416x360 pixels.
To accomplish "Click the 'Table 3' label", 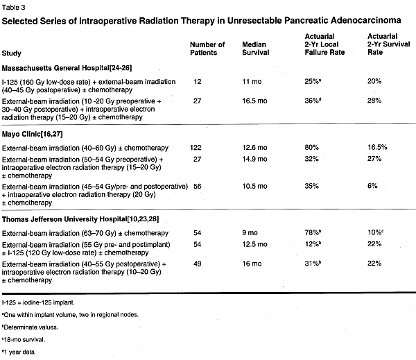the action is pos(14,8).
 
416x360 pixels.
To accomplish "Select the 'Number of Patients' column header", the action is pos(207,49).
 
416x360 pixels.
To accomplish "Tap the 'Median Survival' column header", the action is pos(255,49).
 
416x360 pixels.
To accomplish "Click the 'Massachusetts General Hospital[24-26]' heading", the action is pos(67,68).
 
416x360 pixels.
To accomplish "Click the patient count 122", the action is pos(196,148).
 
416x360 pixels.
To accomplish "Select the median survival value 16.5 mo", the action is pos(254,101).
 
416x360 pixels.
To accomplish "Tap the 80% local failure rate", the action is pos(311,147).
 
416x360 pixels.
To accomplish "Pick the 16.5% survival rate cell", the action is pos(377,147).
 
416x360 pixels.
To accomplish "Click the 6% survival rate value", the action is pos(372,186).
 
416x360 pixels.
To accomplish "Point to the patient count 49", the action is pos(198,264).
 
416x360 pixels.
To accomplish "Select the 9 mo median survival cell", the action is pos(250,233).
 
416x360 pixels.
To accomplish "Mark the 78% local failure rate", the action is pos(313,232).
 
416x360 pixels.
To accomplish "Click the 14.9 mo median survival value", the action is pos(254,159).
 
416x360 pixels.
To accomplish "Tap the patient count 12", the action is pos(198,82).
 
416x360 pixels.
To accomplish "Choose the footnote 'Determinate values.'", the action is pos(30,327).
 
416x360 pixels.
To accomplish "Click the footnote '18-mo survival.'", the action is pos(24,340).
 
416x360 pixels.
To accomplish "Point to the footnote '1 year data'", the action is pos(18,352).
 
